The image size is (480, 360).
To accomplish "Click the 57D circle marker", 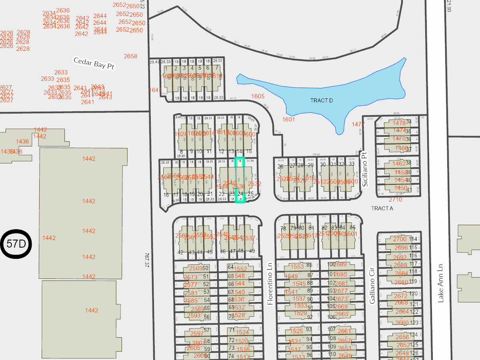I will [x=16, y=243].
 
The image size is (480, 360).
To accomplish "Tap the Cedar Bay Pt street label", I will [x=94, y=63].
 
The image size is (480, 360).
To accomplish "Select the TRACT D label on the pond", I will [x=322, y=100].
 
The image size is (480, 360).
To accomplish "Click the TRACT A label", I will [x=382, y=208].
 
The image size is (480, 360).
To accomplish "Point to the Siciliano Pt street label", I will [x=364, y=169].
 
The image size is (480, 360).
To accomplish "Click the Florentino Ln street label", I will [x=270, y=284].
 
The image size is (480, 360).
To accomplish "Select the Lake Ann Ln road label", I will [x=441, y=282].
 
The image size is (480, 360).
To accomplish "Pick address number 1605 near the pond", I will [x=258, y=96].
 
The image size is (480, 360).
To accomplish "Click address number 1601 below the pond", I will [x=288, y=119].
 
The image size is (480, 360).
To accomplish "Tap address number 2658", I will [x=130, y=56].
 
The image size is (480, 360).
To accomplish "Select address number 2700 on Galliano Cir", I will [x=400, y=239].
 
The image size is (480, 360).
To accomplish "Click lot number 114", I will [x=413, y=239].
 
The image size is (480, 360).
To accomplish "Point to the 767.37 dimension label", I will [x=148, y=260].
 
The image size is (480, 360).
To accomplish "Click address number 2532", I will [x=254, y=184].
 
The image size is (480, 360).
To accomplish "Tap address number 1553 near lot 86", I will [x=297, y=266].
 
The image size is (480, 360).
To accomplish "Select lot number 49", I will [x=252, y=251].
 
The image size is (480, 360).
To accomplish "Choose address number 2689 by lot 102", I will [x=340, y=264].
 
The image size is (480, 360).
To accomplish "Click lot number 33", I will [x=352, y=164].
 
